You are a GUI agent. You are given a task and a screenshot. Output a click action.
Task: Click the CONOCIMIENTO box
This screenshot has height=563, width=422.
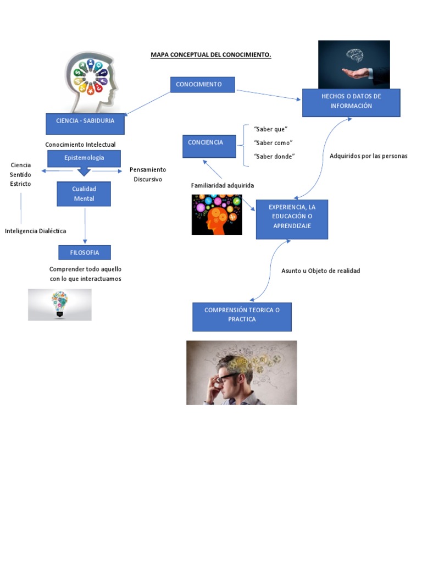[202, 85]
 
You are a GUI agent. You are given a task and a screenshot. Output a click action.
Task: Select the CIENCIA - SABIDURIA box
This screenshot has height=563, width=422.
[85, 123]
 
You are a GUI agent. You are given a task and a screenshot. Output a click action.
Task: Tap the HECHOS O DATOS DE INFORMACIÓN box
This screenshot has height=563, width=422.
[351, 102]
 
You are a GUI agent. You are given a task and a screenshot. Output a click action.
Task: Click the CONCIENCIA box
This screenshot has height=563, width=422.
[209, 146]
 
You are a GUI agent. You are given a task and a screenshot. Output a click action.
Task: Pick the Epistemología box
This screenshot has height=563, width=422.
[84, 158]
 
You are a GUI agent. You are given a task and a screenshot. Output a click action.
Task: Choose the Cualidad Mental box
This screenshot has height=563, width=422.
[84, 194]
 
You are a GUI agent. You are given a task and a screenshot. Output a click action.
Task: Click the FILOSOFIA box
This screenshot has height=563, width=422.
[84, 253]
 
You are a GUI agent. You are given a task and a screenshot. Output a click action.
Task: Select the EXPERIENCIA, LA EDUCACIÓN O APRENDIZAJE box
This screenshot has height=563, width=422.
[291, 219]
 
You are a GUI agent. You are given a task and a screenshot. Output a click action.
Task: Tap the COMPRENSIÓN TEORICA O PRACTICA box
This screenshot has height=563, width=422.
[242, 317]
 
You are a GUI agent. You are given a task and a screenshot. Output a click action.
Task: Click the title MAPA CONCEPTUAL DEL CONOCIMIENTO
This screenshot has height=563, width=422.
[211, 55]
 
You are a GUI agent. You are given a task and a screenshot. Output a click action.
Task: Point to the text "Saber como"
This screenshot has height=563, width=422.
[273, 143]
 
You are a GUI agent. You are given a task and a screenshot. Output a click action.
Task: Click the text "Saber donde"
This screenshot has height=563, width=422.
[274, 157]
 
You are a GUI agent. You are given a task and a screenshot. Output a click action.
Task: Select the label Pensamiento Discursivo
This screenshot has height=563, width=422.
[147, 174]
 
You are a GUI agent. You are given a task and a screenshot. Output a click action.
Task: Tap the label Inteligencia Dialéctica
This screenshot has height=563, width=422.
[36, 231]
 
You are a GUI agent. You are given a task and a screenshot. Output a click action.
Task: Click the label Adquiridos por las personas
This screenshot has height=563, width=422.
[368, 156]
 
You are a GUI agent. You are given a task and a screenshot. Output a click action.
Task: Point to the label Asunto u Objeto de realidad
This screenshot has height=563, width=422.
[320, 271]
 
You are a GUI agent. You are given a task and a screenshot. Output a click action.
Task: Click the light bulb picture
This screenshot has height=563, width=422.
[59, 304]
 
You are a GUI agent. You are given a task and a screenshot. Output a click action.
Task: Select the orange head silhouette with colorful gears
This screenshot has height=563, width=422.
[216, 215]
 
